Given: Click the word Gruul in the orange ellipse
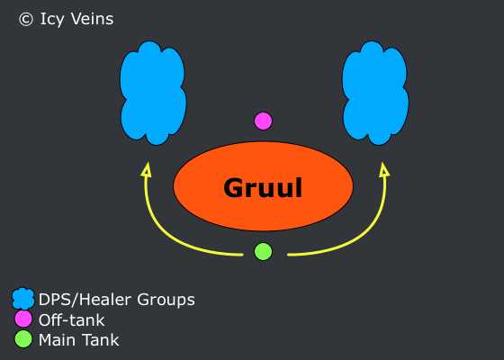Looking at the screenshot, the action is click(x=263, y=187).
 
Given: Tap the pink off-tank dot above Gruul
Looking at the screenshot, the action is click(x=263, y=121).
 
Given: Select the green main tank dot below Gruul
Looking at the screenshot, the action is click(x=263, y=251).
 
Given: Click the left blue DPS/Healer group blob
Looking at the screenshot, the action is click(x=153, y=94).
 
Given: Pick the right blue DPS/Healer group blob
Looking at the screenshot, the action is click(x=375, y=94).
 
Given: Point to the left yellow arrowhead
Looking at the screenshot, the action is click(x=147, y=169).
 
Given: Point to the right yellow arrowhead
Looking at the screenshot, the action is click(x=384, y=169).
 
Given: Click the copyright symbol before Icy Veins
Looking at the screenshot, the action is click(x=26, y=19).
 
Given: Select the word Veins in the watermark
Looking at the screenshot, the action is click(x=92, y=19).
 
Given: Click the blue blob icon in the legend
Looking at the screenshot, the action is click(x=22, y=299).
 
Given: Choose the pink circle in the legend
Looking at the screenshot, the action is click(x=23, y=319).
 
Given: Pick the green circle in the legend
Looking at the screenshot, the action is click(x=23, y=339).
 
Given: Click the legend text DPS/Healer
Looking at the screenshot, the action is click(x=85, y=300).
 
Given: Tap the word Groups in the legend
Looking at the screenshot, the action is click(x=166, y=301).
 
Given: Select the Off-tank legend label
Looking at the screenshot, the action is click(x=71, y=319).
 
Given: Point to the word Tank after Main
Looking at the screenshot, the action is click(x=100, y=340).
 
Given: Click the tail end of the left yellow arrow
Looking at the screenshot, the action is click(x=243, y=255).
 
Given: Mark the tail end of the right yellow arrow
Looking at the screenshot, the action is click(x=288, y=255).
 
